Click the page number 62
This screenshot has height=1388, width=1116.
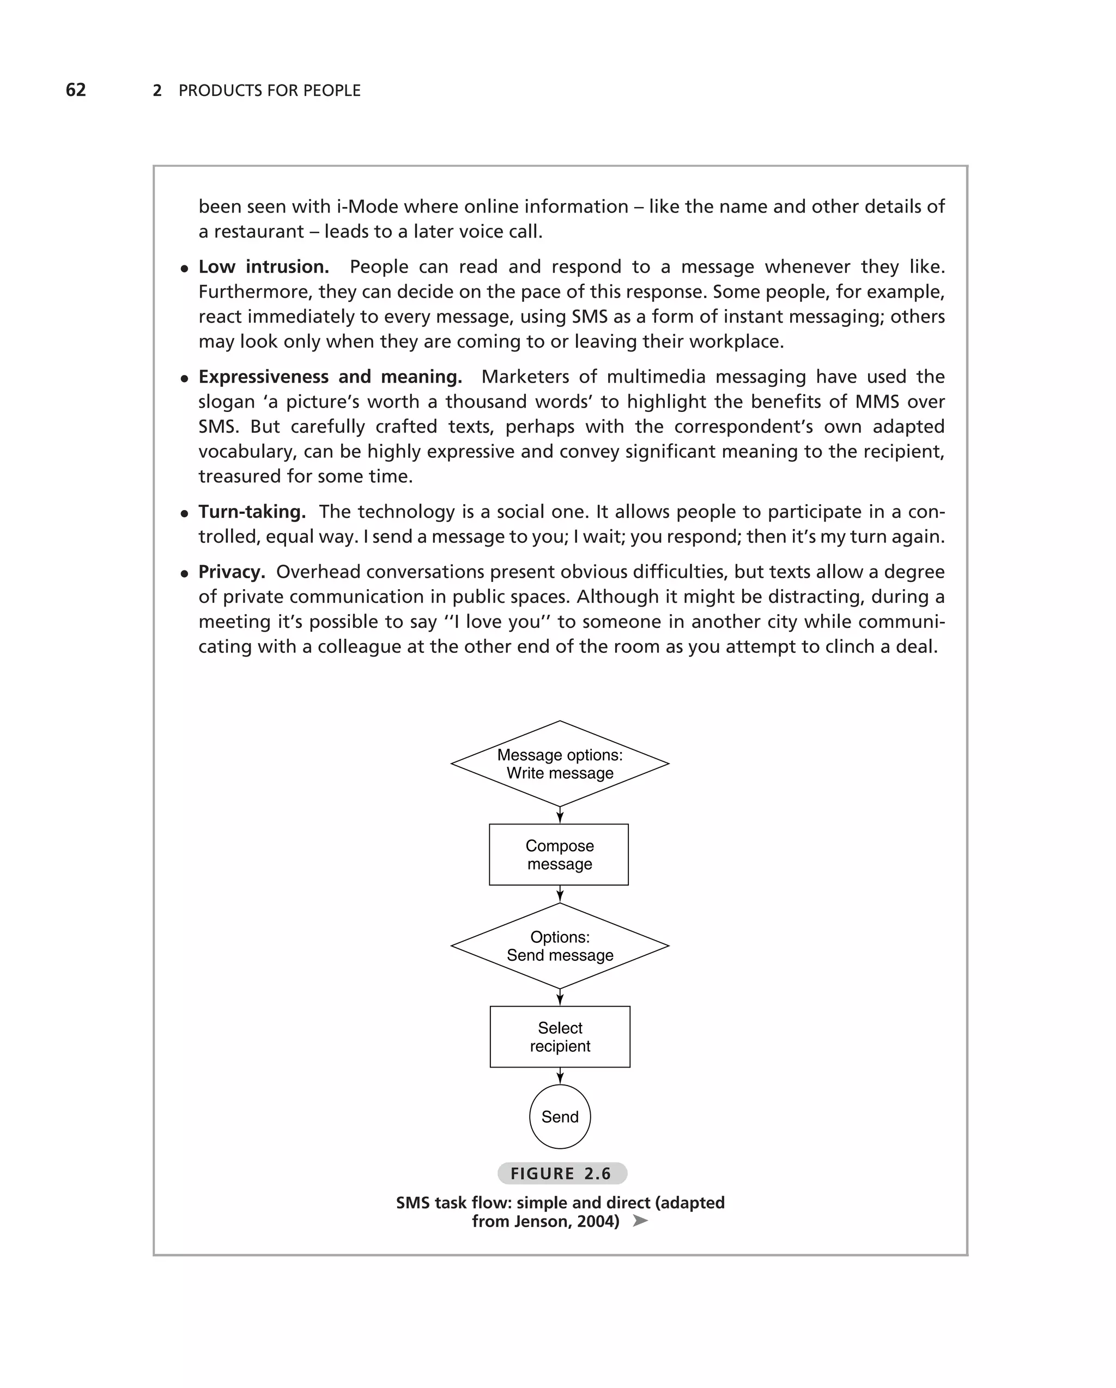(76, 90)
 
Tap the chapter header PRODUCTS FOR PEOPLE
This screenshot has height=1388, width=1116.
(269, 91)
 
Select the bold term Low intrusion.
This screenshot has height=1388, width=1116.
(263, 266)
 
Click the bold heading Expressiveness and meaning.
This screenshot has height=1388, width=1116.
(330, 377)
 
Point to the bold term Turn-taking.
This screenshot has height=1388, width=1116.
(252, 512)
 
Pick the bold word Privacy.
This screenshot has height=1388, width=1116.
(231, 572)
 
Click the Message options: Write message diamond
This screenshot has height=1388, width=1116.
(560, 763)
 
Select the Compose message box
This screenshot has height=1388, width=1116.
(559, 854)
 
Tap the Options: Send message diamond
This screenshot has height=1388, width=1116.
(560, 945)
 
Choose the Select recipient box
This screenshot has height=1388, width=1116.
(560, 1037)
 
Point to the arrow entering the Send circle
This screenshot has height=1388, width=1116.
(560, 1076)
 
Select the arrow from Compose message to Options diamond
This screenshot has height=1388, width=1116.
(560, 894)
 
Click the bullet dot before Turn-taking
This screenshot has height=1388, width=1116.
(185, 514)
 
